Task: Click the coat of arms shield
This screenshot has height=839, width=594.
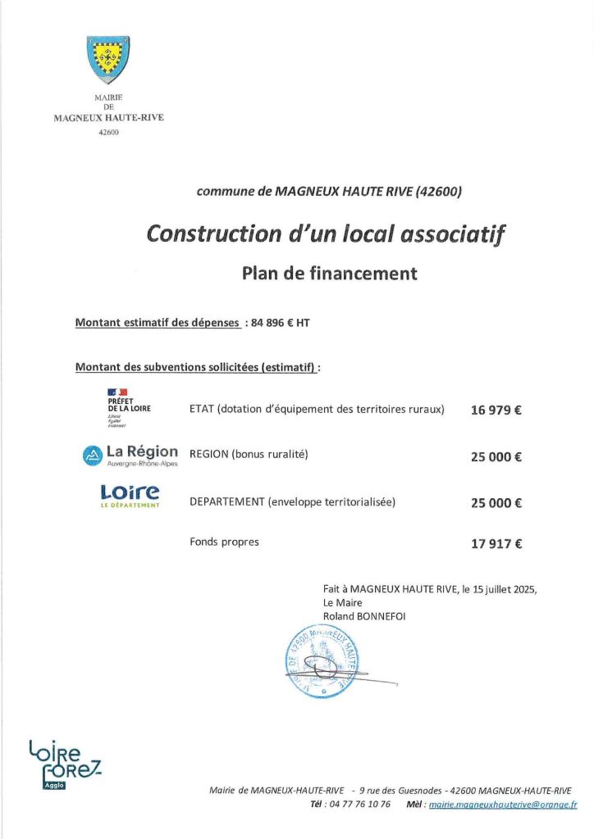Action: point(108,60)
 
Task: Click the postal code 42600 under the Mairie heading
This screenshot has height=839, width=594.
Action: point(108,132)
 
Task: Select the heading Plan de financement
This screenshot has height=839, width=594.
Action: point(329,274)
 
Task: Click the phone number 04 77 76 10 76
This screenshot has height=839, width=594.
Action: point(357,805)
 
